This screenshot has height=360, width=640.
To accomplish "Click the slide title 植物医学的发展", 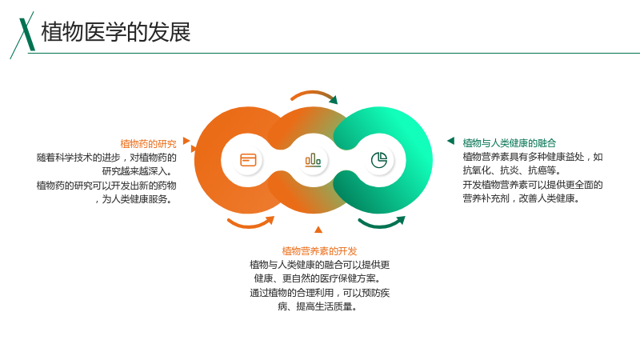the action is click(x=116, y=32).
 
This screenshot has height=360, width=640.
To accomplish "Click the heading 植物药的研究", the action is click(x=148, y=144).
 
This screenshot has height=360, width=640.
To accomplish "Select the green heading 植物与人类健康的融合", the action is click(x=510, y=143).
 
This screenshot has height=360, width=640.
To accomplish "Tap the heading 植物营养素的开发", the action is click(x=319, y=251).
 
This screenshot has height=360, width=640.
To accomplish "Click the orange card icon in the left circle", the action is click(x=248, y=160).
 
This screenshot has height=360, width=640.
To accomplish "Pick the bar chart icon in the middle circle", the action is click(x=313, y=160).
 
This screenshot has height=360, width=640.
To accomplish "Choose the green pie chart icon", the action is click(x=378, y=160).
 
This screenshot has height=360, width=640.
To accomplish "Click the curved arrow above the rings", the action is click(x=314, y=93).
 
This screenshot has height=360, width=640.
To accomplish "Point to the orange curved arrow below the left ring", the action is click(x=250, y=225).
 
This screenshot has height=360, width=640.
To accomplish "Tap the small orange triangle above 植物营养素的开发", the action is click(x=318, y=230).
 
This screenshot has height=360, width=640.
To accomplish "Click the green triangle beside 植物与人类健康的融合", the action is click(x=451, y=141).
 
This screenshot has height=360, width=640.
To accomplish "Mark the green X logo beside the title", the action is click(x=25, y=34).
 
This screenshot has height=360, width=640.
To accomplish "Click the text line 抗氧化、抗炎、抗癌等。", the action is click(x=512, y=170).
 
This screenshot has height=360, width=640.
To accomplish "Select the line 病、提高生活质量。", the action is click(x=318, y=306).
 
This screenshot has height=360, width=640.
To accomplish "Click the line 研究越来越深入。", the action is click(x=138, y=171).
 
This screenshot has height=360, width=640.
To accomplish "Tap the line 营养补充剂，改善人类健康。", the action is click(x=521, y=198).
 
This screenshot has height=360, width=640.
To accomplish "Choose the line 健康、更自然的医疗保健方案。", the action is click(x=318, y=278).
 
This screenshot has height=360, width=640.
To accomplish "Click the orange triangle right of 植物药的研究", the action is click(x=186, y=141).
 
